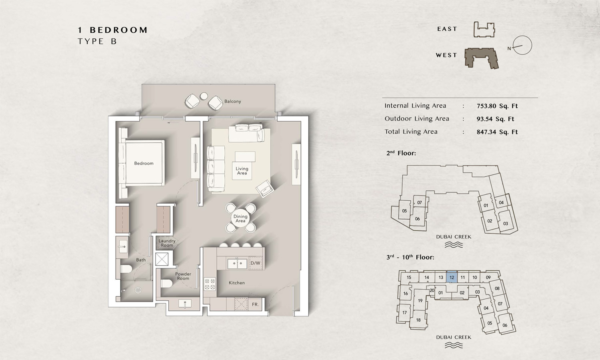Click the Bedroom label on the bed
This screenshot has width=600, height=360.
coord(144,163)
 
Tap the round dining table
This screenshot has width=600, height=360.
coord(240,218)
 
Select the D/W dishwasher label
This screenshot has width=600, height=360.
coord(255,263)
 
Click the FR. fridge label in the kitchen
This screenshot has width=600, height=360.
coord(255,304)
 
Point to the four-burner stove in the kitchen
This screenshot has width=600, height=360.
coord(210,284)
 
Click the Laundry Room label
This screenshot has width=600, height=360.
coord(167,243)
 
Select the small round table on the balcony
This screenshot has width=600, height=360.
coord(204,96)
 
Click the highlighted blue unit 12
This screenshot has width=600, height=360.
coord(452,277)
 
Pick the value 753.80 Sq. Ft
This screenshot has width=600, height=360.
coord(497,106)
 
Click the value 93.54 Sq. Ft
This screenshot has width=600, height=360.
coord(495,119)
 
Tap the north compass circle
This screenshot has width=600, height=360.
coord(522,45)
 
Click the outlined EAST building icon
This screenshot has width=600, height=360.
coord(484,30)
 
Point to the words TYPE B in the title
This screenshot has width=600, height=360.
coord(97,42)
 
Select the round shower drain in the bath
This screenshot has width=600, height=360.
coord(138,290)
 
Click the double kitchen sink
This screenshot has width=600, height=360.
coord(237,264)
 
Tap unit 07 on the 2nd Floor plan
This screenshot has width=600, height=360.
coord(420,202)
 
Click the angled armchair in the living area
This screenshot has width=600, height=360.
coord(265,188)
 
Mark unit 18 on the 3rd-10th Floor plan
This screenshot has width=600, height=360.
coord(418,320)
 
